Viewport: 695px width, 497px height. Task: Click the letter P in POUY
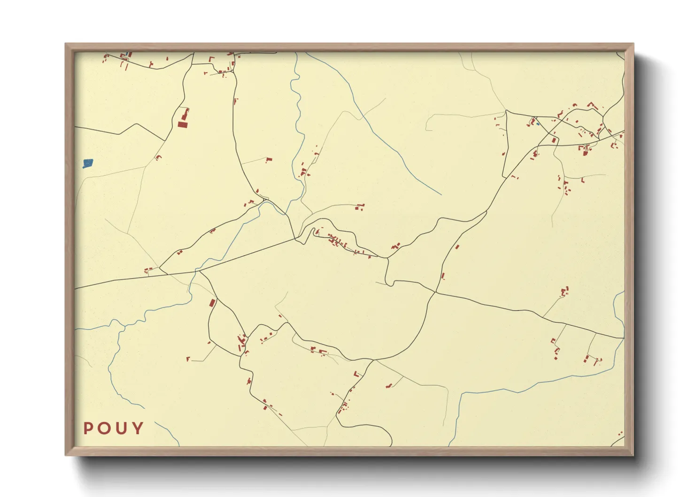coord(88,428)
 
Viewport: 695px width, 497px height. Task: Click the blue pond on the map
coord(88,163)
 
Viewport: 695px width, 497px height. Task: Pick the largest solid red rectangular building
coord(183,124)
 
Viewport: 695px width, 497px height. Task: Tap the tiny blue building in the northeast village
coord(538,124)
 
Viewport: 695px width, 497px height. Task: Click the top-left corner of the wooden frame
coord(66,44)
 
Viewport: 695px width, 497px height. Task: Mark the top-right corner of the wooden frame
coord(633,44)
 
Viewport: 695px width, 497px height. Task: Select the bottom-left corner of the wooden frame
coord(66,455)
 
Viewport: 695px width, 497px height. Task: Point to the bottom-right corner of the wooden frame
coord(633,455)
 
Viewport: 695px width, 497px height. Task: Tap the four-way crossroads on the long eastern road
coord(436,293)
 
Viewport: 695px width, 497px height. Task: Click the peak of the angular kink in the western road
coord(137,124)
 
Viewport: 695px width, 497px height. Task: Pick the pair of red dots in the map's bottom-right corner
coord(620,434)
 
